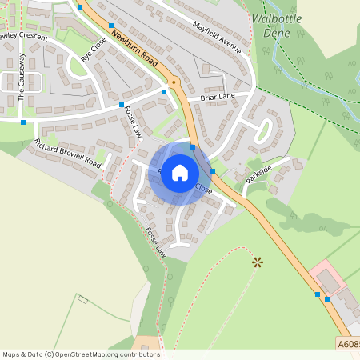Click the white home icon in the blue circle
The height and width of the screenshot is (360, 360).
click(x=180, y=173)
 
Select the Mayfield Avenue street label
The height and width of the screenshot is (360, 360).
click(x=216, y=37)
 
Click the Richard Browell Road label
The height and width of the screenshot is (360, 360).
click(x=68, y=152)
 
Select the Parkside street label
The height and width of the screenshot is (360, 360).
click(x=259, y=174)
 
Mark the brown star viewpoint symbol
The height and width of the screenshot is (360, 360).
click(x=257, y=261)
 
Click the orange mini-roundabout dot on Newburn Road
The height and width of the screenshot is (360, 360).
click(x=173, y=81)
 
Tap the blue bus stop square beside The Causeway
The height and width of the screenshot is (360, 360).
click(x=23, y=122)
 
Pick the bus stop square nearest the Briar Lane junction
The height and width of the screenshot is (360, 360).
click(x=164, y=92)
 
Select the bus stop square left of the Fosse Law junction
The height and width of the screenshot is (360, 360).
click(x=121, y=105)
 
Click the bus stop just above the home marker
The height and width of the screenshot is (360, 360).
click(x=193, y=147)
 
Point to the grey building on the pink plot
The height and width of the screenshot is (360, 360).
click(x=329, y=281)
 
